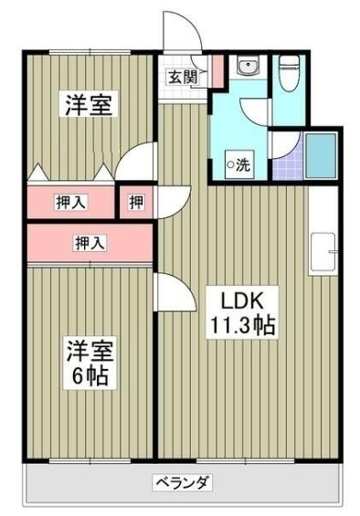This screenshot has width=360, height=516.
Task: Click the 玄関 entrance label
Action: [181, 77]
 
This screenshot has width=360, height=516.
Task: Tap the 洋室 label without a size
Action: [89, 105]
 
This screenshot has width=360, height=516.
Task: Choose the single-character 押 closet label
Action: [135, 202]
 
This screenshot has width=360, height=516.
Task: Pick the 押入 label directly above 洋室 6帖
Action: [89, 243]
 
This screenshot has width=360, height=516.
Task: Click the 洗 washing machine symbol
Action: [238, 165]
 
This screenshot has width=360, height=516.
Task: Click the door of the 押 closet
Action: [173, 201]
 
